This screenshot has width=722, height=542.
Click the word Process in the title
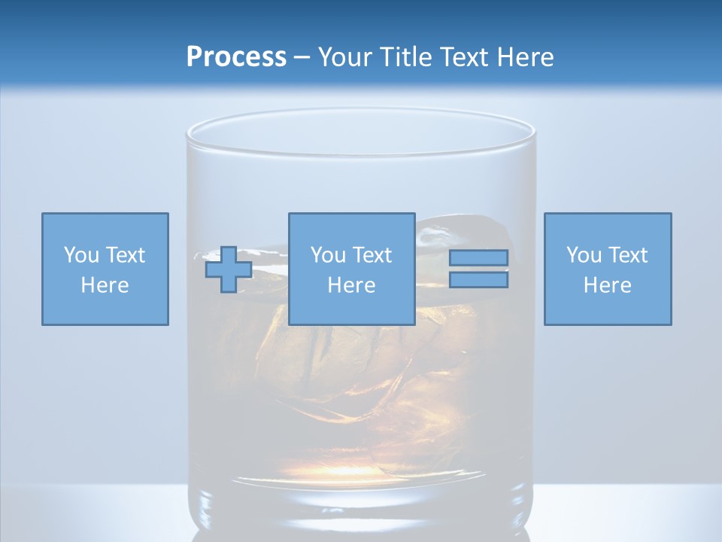[x=236, y=57]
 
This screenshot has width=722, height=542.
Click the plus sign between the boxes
[x=229, y=269]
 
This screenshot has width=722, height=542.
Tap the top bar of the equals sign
[x=478, y=257]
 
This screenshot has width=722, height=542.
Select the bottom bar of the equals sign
[x=478, y=280]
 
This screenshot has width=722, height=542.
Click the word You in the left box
[x=81, y=255]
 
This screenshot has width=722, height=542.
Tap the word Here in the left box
[x=105, y=285]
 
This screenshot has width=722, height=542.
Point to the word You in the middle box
[x=328, y=255]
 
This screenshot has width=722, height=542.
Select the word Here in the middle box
[x=351, y=285]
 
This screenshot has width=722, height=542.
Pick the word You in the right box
[x=584, y=255]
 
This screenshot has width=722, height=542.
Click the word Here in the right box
[x=607, y=285]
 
